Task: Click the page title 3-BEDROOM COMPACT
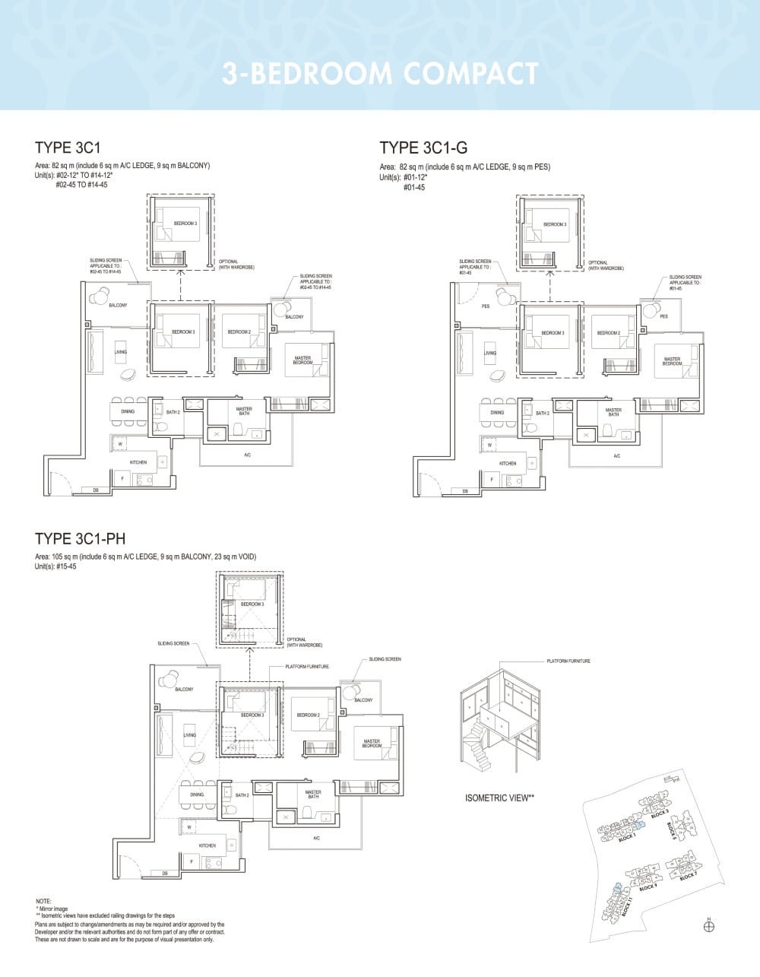pyautogui.click(x=380, y=74)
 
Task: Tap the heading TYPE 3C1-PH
pyautogui.click(x=80, y=539)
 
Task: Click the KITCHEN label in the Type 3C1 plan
pyautogui.click(x=138, y=462)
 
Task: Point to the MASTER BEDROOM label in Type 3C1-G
pyautogui.click(x=672, y=361)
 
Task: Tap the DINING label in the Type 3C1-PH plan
pyautogui.click(x=197, y=795)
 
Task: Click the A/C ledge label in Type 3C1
pyautogui.click(x=247, y=455)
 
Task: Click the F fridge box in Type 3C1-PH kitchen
pyautogui.click(x=192, y=861)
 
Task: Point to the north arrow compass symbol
pyautogui.click(x=708, y=925)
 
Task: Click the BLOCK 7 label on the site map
pyautogui.click(x=688, y=877)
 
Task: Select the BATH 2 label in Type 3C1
pyautogui.click(x=173, y=412)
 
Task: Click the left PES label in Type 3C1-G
pyautogui.click(x=486, y=306)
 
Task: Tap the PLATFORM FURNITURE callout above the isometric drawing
pyautogui.click(x=568, y=661)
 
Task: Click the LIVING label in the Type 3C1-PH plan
pyautogui.click(x=190, y=735)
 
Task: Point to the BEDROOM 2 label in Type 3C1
pyautogui.click(x=239, y=332)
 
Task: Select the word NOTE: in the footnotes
pyautogui.click(x=43, y=901)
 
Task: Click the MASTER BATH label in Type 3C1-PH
pyautogui.click(x=313, y=794)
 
